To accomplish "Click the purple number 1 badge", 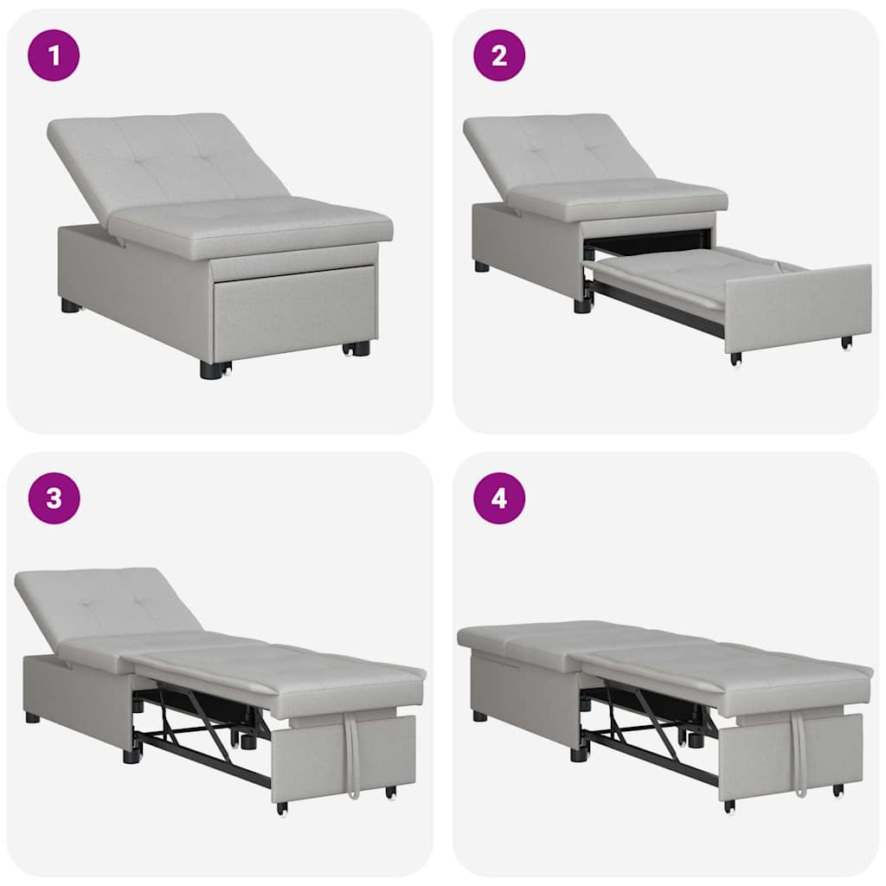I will click(x=54, y=55).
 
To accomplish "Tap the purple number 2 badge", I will click(x=499, y=55).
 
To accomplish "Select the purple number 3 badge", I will click(x=54, y=498).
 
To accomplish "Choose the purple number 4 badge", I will click(x=499, y=498).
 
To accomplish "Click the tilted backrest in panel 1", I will click(x=164, y=160).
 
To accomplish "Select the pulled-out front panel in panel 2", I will click(x=796, y=307).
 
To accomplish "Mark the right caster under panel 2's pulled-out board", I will click(x=846, y=343).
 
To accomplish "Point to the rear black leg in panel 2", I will click(x=481, y=266).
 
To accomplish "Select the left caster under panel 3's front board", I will click(x=282, y=808).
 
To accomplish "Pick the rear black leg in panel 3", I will click(x=33, y=717).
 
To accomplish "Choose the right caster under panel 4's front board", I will click(x=838, y=790).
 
